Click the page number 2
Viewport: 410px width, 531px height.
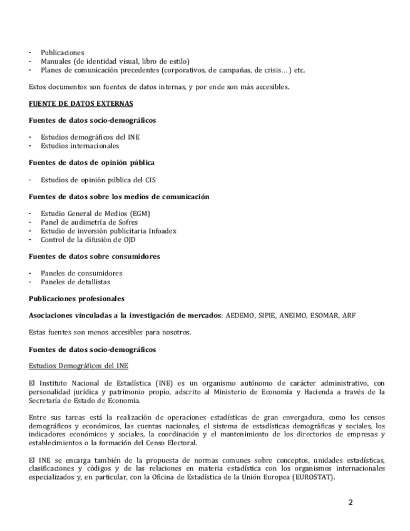click(x=351, y=503)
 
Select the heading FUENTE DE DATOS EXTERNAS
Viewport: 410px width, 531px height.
click(x=81, y=103)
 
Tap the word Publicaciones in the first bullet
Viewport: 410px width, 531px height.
click(x=63, y=53)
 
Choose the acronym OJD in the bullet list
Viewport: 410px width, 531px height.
click(x=128, y=239)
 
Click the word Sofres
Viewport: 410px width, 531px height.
click(x=124, y=222)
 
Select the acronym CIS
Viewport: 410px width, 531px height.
click(x=150, y=180)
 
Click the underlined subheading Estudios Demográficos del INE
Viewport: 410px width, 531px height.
click(x=79, y=366)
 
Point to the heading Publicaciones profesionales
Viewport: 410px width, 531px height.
click(x=76, y=299)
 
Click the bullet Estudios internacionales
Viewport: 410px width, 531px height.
click(x=79, y=146)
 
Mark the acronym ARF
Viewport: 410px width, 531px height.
click(x=349, y=316)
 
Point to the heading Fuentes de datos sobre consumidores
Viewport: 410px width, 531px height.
click(x=94, y=256)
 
